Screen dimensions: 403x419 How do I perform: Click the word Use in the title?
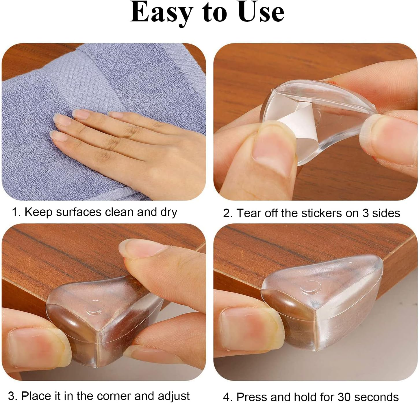tap(261, 12)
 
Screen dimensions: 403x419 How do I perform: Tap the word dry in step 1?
tap(168, 213)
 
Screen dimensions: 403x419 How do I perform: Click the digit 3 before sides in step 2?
tap(366, 213)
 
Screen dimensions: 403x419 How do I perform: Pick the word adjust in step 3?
tap(173, 396)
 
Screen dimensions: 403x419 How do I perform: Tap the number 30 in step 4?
tap(344, 397)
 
